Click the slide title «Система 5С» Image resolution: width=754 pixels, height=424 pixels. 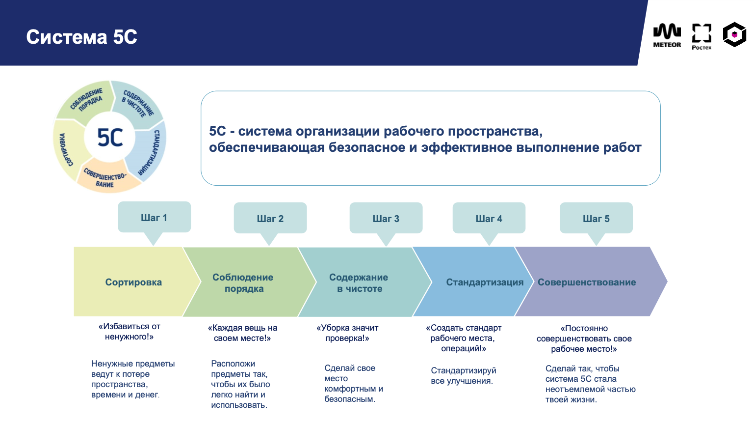click(x=81, y=37)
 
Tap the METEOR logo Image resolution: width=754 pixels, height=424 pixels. click(x=667, y=35)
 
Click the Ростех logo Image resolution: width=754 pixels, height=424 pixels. click(x=702, y=36)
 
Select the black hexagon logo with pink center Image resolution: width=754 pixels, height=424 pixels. click(x=734, y=35)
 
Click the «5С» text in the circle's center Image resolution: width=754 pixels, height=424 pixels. click(x=110, y=138)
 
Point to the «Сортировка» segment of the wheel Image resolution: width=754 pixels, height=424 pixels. click(x=65, y=150)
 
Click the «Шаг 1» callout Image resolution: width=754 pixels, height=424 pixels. click(x=154, y=218)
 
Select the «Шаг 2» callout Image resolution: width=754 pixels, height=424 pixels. click(x=270, y=219)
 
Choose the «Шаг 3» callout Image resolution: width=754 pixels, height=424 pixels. click(x=386, y=219)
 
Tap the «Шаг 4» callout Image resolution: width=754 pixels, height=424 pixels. click(x=489, y=219)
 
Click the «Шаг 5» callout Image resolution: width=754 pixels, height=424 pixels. click(x=596, y=219)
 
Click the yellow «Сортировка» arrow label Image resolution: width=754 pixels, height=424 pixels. click(x=133, y=282)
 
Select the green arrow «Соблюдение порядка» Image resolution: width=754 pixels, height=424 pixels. click(x=243, y=283)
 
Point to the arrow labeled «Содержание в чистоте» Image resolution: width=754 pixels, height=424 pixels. click(x=359, y=283)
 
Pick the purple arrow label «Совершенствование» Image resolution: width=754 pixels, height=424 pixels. click(x=587, y=282)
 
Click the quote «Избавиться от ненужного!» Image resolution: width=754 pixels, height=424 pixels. click(x=130, y=332)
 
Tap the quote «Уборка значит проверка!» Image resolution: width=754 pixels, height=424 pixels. click(x=347, y=333)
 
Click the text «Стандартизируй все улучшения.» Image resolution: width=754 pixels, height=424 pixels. click(x=463, y=376)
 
